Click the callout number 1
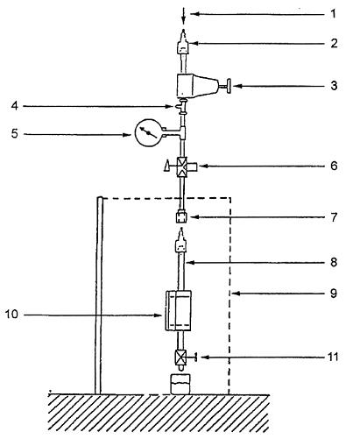[334, 14]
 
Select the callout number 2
[334, 43]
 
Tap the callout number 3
[334, 86]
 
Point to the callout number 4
[15, 106]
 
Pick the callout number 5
[15, 133]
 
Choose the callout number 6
[334, 166]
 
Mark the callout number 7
[334, 217]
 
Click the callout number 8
[334, 262]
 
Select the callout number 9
[334, 293]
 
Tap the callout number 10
[11, 315]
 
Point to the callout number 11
[333, 357]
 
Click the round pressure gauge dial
[149, 133]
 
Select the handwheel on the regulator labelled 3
[229, 86]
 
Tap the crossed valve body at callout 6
[182, 167]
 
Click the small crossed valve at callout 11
[180, 357]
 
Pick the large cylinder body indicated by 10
[179, 310]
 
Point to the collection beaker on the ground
[180, 384]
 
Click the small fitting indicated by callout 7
[181, 217]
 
